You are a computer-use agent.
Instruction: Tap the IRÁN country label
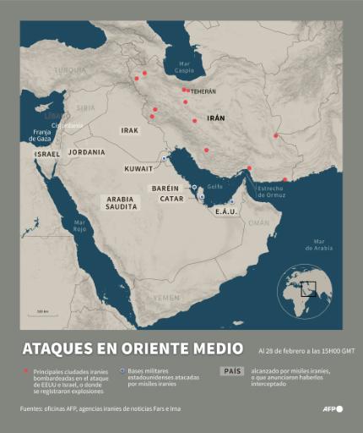(x=216, y=118)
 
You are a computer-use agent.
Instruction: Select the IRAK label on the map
(x=129, y=130)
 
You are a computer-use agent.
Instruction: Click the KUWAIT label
(x=138, y=168)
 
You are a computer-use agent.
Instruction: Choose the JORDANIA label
(x=87, y=152)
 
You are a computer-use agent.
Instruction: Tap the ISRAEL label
(x=47, y=155)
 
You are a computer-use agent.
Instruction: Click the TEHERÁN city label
(x=203, y=91)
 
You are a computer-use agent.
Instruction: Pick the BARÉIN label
(x=165, y=188)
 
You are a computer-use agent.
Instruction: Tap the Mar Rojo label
(x=79, y=226)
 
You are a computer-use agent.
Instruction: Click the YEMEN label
(x=168, y=298)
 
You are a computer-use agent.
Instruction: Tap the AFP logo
(x=333, y=409)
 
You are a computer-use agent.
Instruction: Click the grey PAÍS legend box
(x=231, y=371)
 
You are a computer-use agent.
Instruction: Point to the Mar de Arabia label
(x=321, y=244)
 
